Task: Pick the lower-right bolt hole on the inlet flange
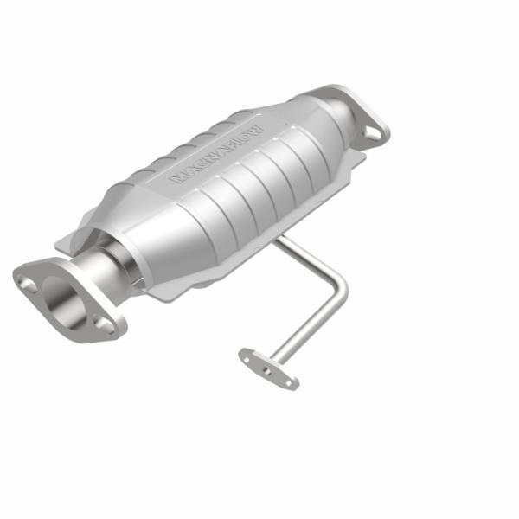pyautogui.click(x=103, y=324)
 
